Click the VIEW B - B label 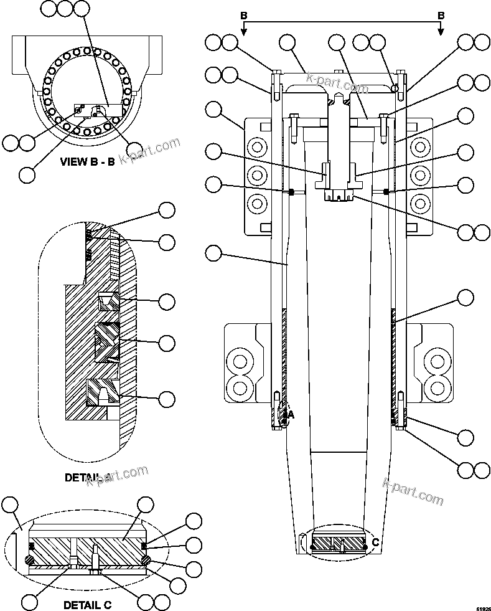pos(87,162)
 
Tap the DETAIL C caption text pos(88,604)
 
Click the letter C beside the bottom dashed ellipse pos(375,542)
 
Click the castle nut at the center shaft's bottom pos(339,195)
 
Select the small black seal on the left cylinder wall pos(291,191)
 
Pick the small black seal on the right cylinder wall pos(386,191)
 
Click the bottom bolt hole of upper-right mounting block pos(421,203)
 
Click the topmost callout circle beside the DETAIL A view pos(167,210)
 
